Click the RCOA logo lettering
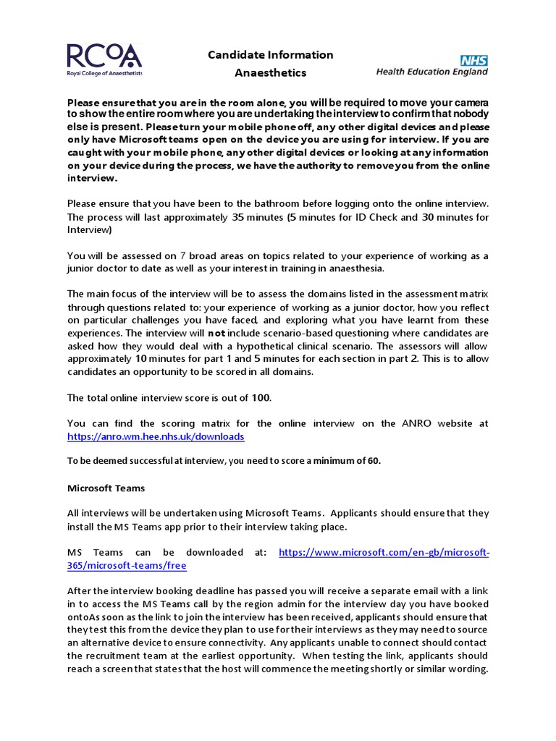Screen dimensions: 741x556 (104, 56)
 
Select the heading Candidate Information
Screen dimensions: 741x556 (271, 55)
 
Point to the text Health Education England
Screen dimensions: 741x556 (432, 72)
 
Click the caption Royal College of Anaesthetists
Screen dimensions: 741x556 (104, 74)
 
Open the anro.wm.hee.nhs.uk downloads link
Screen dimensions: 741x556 (156, 437)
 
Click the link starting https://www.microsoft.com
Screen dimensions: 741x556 (384, 552)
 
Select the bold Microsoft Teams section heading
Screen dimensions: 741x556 (106, 488)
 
